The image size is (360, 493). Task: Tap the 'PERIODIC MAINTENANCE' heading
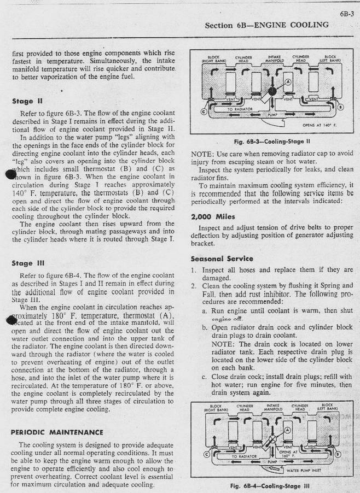[57, 431]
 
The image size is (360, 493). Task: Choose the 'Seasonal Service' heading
[222, 258]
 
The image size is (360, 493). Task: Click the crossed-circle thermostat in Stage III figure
[270, 444]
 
